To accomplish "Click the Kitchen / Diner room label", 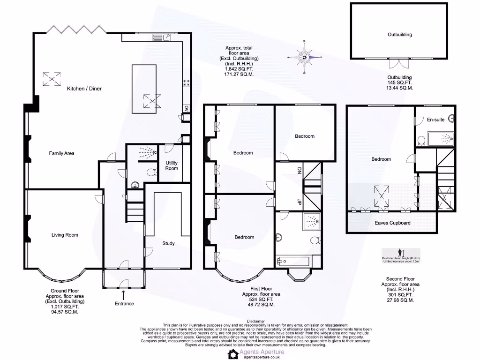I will [84, 89].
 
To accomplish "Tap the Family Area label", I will [62, 153].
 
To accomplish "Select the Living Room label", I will [65, 235].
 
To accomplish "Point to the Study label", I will [168, 243].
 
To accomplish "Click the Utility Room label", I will [172, 165].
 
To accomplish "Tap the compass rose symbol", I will [305, 57].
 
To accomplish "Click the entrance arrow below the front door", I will [124, 295].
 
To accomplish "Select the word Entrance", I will [124, 304].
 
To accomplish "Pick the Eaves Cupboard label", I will [392, 223].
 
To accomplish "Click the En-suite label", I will [435, 120].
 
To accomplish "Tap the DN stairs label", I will [298, 171].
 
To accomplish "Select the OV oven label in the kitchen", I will [186, 108].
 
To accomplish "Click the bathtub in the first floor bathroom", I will [293, 262].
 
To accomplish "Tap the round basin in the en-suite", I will [452, 119].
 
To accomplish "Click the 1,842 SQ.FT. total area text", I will [239, 69].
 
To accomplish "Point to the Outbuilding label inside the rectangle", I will [399, 35].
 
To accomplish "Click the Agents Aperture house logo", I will [233, 354].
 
